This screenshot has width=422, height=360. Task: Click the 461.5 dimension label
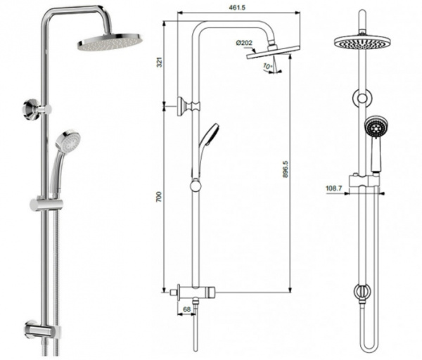click(x=237, y=7)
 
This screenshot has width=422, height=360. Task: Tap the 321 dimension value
click(x=160, y=62)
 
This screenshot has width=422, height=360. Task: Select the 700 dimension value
click(x=160, y=197)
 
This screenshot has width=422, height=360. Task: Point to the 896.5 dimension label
click(x=286, y=169)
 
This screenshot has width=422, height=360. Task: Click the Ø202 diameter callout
click(x=244, y=43)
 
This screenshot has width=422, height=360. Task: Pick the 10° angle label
click(x=268, y=66)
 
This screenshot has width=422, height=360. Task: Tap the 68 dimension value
click(x=186, y=309)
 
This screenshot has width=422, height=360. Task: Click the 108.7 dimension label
click(x=333, y=188)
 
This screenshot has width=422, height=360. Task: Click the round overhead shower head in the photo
click(x=110, y=41)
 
